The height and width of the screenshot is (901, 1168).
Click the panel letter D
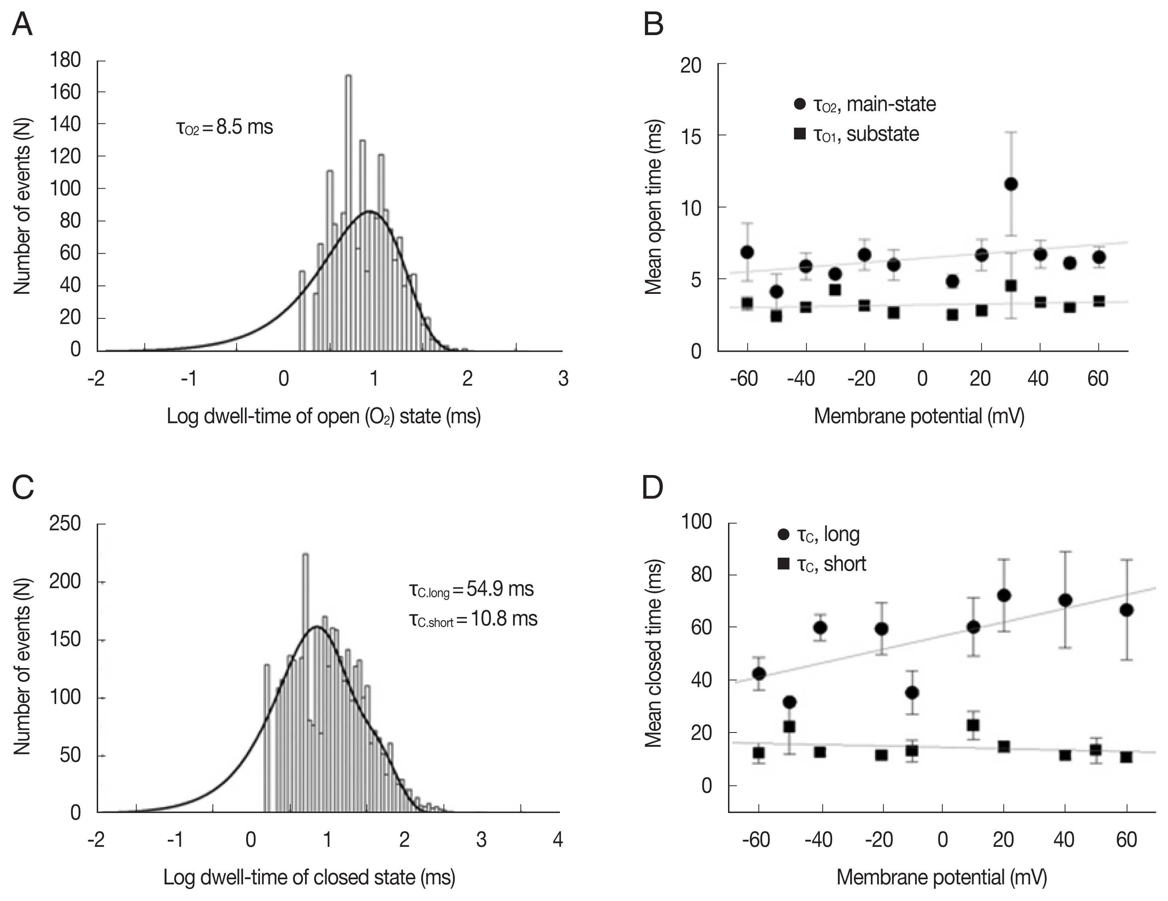click(652, 487)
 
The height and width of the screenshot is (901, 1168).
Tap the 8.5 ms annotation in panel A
click(225, 127)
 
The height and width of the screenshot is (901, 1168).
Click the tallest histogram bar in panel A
click(348, 214)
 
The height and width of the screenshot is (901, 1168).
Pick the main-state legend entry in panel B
click(865, 104)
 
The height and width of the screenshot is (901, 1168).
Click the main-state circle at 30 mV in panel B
click(1011, 184)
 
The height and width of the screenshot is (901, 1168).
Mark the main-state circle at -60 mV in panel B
click(748, 252)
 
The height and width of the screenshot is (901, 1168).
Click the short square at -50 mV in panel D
click(789, 727)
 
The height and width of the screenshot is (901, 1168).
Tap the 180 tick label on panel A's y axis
click(65, 60)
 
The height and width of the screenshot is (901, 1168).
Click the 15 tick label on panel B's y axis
click(690, 136)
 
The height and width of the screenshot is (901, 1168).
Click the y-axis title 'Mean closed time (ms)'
click(654, 653)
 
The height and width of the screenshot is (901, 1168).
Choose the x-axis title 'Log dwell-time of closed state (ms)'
click(309, 878)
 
